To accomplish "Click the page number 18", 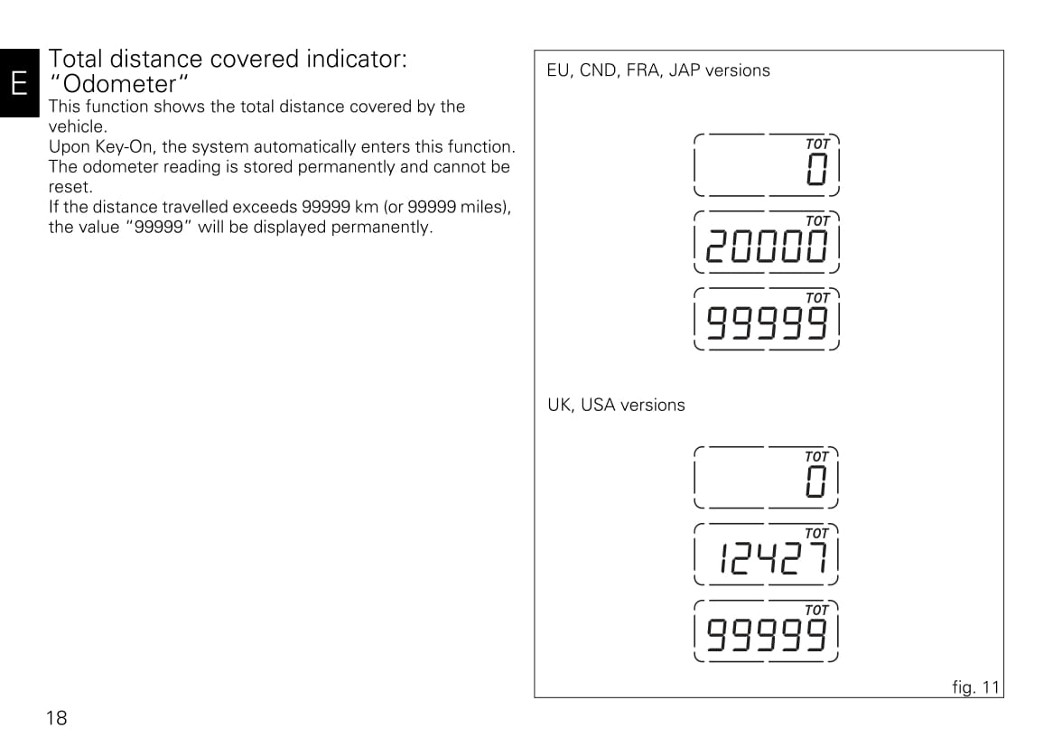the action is coord(56,718).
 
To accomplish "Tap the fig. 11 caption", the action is coord(975,687).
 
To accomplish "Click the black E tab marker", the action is coord(20,82).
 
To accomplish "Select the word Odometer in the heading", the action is coord(119,85).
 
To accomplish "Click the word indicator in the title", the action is coord(357,59).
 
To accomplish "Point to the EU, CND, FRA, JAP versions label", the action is coord(658,70).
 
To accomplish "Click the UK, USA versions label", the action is coord(616,405).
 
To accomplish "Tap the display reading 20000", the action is coord(766,246).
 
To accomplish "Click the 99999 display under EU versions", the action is coord(766,322).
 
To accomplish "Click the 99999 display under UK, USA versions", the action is coord(766,635).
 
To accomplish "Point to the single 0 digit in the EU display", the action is coord(816,169).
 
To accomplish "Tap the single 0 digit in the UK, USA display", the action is coord(816,481).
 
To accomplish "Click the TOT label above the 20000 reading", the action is coord(817,221).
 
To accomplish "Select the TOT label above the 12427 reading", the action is coord(816,534).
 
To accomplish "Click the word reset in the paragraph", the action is coord(70,187).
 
